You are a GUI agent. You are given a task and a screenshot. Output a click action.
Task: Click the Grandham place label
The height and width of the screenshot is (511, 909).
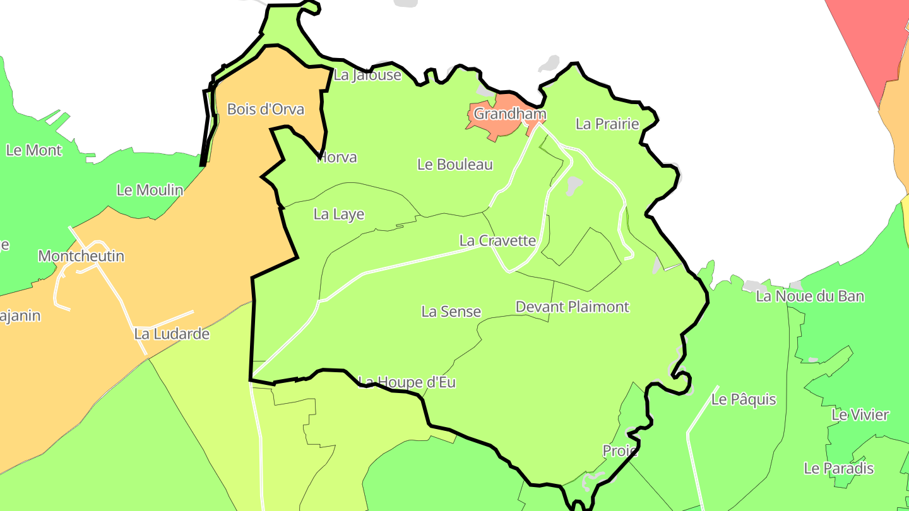pyautogui.click(x=509, y=114)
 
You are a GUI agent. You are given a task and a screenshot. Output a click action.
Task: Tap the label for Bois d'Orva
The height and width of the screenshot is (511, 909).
pyautogui.click(x=266, y=109)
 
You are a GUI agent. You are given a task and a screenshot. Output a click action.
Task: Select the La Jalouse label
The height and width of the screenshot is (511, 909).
pyautogui.click(x=367, y=75)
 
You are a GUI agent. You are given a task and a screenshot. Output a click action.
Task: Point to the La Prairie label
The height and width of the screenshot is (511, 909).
pyautogui.click(x=607, y=124)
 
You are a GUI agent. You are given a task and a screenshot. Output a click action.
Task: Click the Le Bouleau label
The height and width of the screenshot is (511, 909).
pyautogui.click(x=455, y=165)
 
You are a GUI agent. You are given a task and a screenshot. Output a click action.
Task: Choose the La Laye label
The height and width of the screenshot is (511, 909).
pyautogui.click(x=339, y=214)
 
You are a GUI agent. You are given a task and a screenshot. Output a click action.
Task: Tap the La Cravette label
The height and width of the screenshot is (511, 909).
pyautogui.click(x=497, y=240)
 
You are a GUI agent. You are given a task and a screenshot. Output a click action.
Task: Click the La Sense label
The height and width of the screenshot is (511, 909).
pyautogui.click(x=451, y=312)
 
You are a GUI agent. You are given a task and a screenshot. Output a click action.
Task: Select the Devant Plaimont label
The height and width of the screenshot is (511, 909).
pyautogui.click(x=573, y=307)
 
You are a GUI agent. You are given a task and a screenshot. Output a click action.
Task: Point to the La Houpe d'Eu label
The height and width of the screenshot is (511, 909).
pyautogui.click(x=407, y=382)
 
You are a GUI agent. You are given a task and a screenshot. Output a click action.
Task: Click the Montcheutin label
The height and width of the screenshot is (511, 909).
pyautogui.click(x=81, y=256)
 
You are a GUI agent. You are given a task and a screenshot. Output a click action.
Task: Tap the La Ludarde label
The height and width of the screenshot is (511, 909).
pyautogui.click(x=172, y=334)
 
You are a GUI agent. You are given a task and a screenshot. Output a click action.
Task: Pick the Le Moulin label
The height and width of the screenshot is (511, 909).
pyautogui.click(x=150, y=190)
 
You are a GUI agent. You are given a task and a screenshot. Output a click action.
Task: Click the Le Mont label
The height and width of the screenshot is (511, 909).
pyautogui.click(x=34, y=150)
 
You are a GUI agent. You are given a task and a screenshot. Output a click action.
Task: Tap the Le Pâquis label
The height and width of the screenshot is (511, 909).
pyautogui.click(x=744, y=400)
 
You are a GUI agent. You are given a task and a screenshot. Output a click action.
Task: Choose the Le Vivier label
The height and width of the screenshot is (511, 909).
pyautogui.click(x=860, y=415)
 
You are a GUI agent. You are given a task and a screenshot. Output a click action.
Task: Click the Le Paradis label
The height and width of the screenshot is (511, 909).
pyautogui.click(x=838, y=469)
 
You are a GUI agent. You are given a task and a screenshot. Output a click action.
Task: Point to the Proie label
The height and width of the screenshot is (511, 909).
pyautogui.click(x=620, y=451)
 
